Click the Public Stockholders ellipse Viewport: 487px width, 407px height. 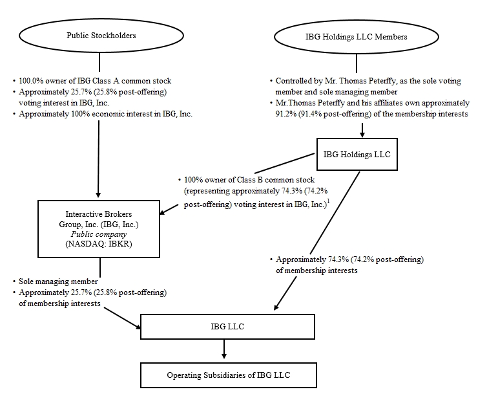[x=101, y=36]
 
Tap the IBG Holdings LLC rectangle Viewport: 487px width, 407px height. [x=357, y=154]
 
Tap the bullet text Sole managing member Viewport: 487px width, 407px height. [x=57, y=283]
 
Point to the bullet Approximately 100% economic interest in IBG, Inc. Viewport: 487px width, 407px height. [x=106, y=114]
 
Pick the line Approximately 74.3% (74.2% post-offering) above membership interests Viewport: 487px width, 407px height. [x=349, y=259]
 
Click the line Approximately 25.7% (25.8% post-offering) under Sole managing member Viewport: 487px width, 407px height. [x=93, y=293]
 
